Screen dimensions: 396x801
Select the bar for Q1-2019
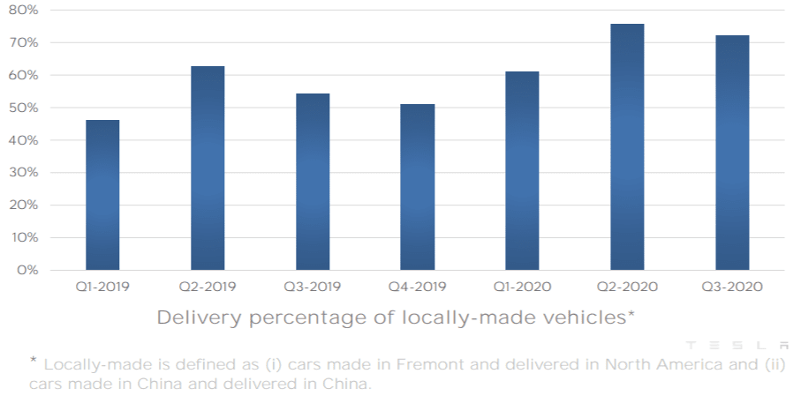[102, 195]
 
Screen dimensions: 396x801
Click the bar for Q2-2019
[208, 168]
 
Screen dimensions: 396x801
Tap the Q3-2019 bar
[313, 182]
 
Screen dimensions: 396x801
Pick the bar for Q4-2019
[417, 187]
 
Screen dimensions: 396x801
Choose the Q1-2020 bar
[522, 170]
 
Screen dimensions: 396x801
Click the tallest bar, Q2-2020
[627, 146]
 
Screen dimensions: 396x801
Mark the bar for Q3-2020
[732, 153]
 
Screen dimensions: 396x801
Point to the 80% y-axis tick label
[25, 10]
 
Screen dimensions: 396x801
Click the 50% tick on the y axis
[25, 108]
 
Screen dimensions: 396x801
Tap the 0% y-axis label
[27, 270]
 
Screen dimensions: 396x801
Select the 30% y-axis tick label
[25, 173]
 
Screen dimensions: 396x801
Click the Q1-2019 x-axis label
[102, 287]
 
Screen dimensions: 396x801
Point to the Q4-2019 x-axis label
[417, 287]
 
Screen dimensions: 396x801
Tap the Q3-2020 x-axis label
[732, 287]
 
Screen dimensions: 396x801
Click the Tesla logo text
[737, 345]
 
